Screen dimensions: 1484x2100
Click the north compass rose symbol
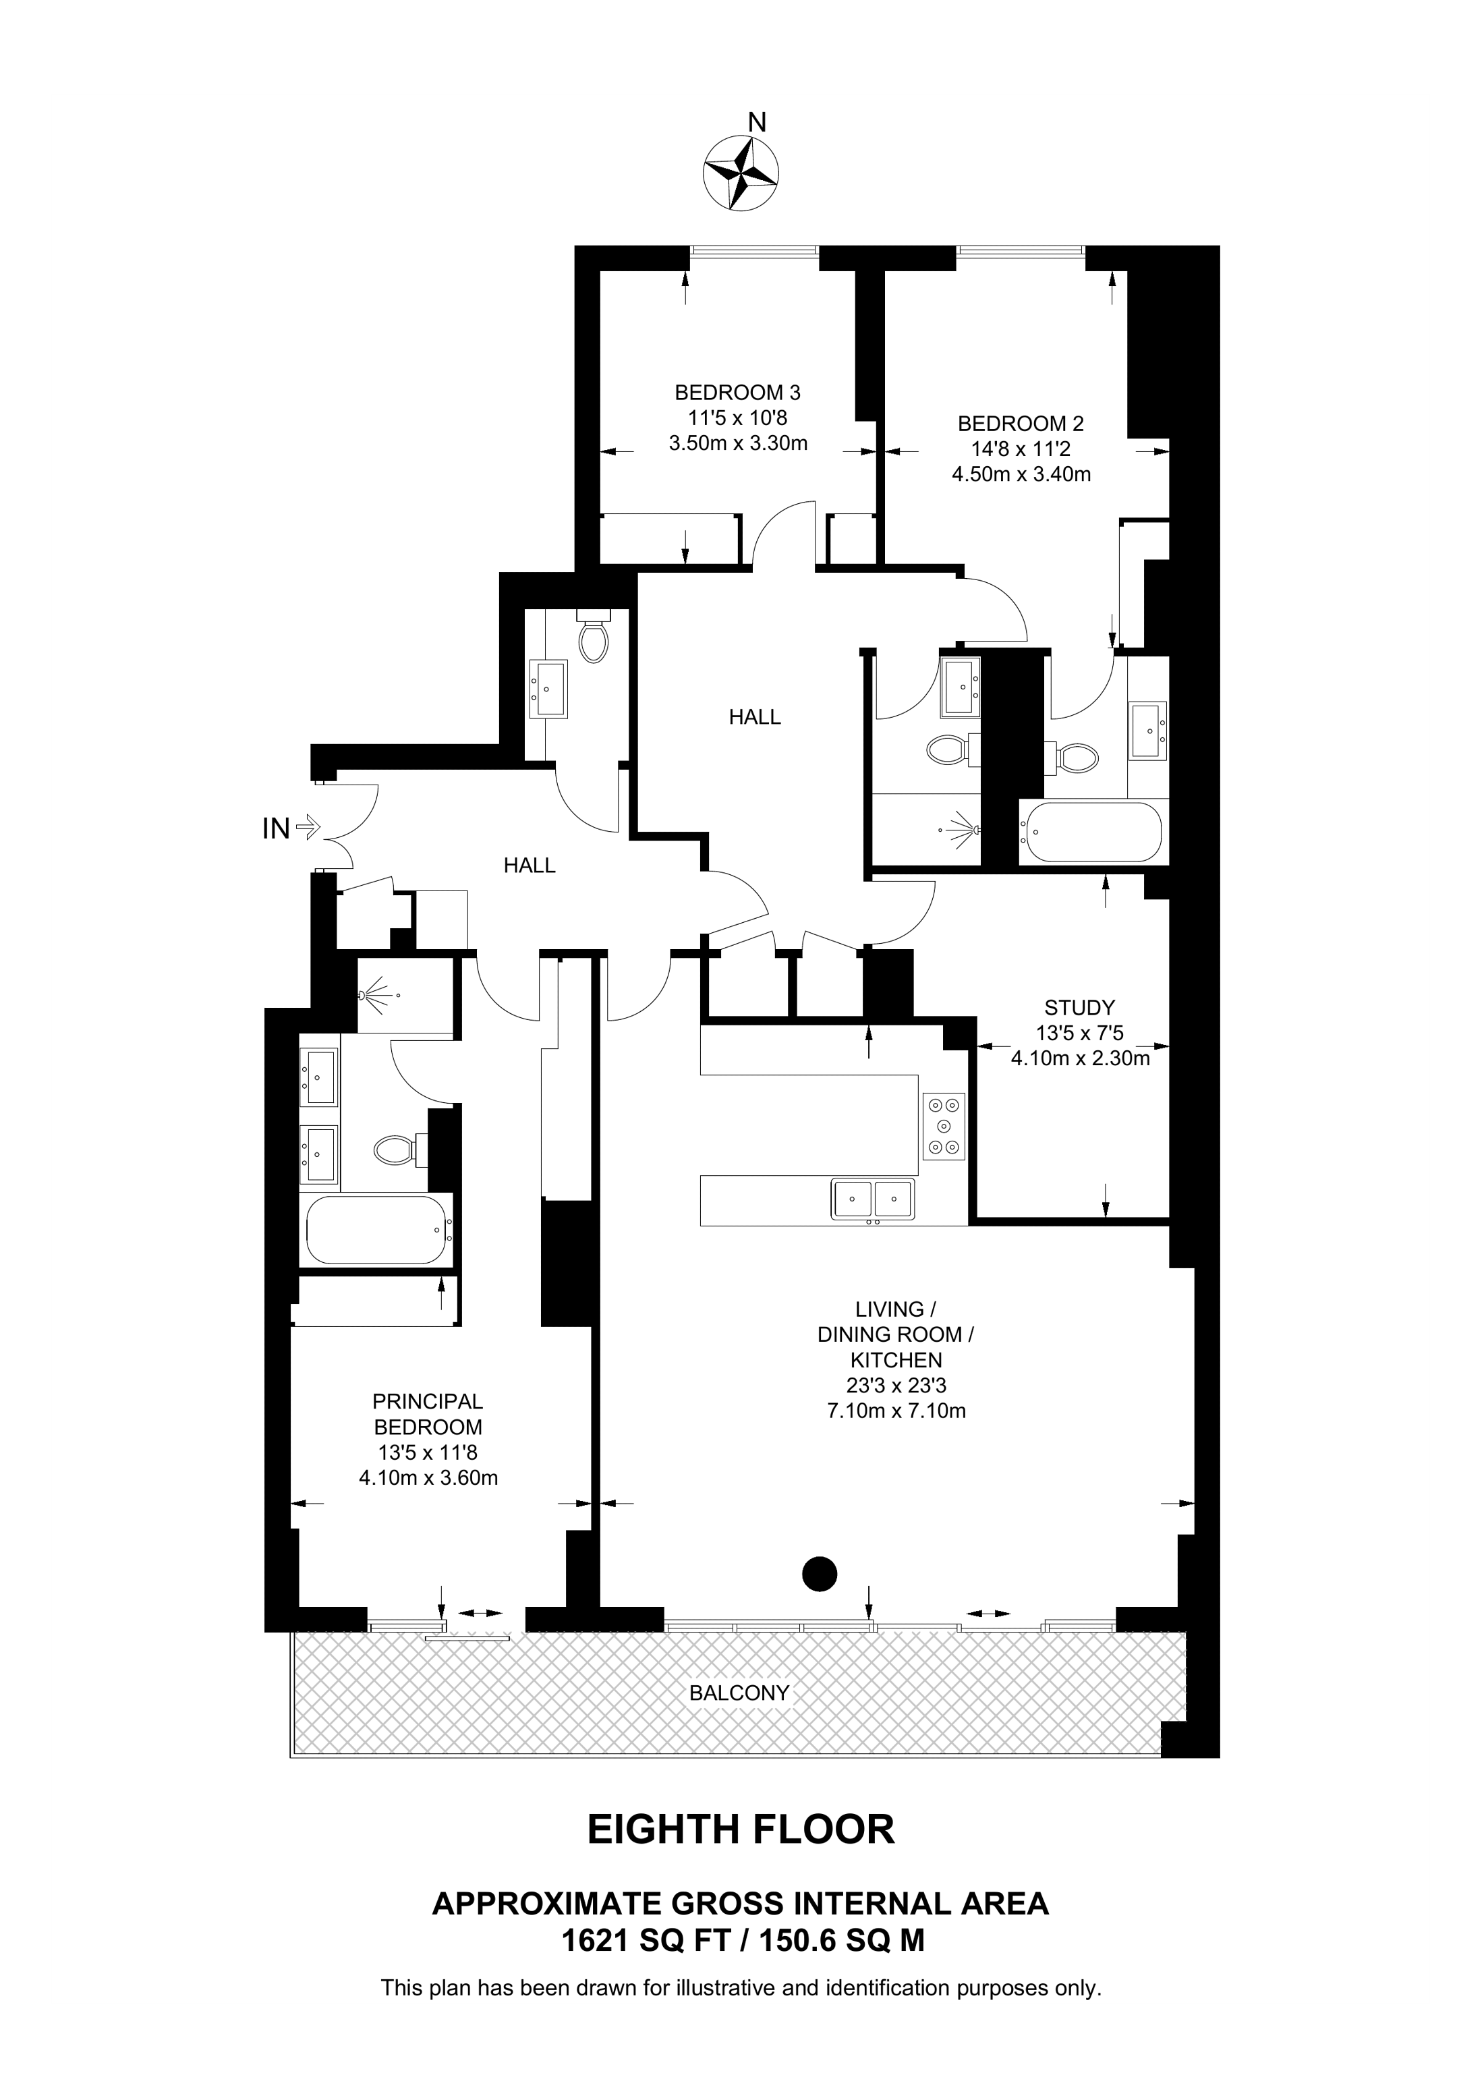(741, 173)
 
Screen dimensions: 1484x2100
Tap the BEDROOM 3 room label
(737, 393)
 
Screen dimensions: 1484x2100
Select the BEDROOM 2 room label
(1021, 424)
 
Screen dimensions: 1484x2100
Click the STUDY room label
(1079, 1008)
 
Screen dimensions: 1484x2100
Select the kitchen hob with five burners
(944, 1126)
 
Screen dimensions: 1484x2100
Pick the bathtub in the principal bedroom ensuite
(376, 1230)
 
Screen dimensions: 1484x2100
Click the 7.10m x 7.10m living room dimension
(896, 1411)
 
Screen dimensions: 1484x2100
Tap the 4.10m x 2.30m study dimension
(1080, 1058)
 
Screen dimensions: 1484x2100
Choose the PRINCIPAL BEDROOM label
(428, 1413)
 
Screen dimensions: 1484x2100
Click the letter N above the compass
(757, 121)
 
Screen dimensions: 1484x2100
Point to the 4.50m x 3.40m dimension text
(1021, 475)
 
